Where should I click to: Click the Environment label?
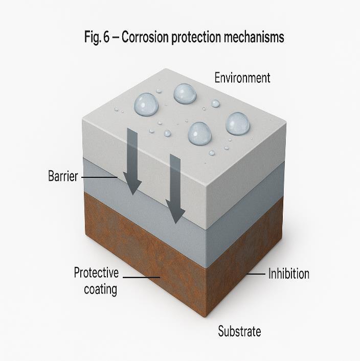242,78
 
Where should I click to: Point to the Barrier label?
63,177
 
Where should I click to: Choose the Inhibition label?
289,274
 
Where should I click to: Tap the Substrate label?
239,331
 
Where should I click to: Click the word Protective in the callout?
96,272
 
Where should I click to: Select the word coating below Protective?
100,289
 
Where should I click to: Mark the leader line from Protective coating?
141,277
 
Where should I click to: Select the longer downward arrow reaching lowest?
175,189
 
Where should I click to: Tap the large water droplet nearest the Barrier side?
146,104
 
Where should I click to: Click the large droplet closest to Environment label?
185,94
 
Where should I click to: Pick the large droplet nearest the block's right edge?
238,124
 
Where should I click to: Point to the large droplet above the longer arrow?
199,133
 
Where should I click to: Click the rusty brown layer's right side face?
245,256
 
